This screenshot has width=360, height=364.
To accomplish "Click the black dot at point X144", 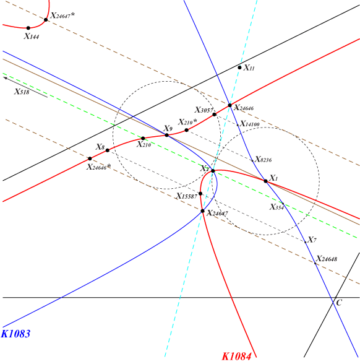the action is [28, 28].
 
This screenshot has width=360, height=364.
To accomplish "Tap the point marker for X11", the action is [239, 67].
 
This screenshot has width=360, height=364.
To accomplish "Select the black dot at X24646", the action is [230, 105].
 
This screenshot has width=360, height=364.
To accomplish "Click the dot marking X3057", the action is [214, 115].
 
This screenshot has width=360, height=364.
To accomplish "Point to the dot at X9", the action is [167, 135].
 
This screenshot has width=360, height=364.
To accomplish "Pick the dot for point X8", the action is [108, 150].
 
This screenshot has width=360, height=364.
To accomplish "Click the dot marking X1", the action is [265, 181].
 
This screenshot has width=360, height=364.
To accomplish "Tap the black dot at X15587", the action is [200, 194].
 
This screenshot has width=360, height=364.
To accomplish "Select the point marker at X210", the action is [143, 139].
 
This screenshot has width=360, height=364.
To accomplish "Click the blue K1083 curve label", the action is [16, 334].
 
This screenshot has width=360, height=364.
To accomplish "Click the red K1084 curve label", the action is [236, 356].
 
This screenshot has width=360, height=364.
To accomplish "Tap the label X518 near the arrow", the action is [22, 92].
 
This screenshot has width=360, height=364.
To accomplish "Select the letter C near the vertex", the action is [339, 303].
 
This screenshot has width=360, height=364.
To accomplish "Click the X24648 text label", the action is [327, 259].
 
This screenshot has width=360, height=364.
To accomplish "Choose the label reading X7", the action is [312, 240].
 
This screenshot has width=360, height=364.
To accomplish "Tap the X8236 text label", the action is [264, 160].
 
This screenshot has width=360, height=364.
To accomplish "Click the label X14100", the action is [250, 124].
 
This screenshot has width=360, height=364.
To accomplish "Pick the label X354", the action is [276, 207].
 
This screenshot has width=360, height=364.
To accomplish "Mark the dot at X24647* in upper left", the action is [46, 20].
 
